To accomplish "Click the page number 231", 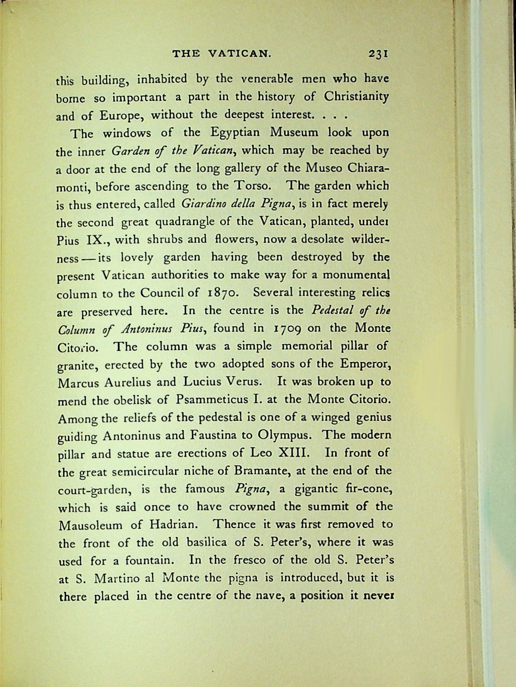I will coord(377,54).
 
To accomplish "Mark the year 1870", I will coord(224,293).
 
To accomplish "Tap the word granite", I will coord(78,366).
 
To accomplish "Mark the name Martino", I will coord(118,579).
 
